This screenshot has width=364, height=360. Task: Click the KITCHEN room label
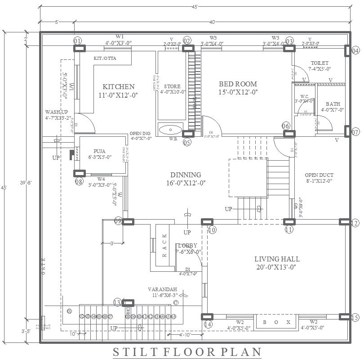pos(118,86)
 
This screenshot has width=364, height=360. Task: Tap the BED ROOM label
pos(238,84)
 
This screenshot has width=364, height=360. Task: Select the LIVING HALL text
pos(277,259)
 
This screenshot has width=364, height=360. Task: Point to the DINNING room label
pos(185,175)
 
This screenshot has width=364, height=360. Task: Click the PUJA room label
pos(100,151)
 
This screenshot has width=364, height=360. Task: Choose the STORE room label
pos(172,86)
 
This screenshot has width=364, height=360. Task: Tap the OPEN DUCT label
pos(319,175)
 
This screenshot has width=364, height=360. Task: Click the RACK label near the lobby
pos(164,245)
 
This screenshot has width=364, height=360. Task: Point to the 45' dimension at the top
pos(195,6)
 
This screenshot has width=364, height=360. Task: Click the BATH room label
pos(333,103)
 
